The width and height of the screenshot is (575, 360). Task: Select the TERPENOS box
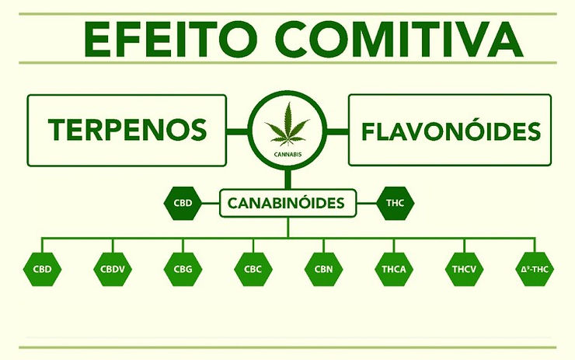[x=127, y=130]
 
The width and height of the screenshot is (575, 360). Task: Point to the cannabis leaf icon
[x=287, y=126]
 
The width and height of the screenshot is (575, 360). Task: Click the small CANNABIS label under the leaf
[x=287, y=154]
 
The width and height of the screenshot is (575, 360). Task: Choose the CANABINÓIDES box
[x=287, y=205]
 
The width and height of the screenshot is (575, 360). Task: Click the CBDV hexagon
[x=113, y=270]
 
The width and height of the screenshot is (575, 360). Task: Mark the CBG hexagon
[x=182, y=270]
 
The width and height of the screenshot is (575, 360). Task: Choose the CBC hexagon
[x=252, y=270]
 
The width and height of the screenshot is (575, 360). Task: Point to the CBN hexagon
[x=322, y=270]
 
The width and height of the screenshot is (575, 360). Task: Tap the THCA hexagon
[x=393, y=270]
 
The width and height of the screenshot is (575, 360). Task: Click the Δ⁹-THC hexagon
[x=535, y=270]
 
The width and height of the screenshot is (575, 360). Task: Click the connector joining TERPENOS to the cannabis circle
[x=237, y=130]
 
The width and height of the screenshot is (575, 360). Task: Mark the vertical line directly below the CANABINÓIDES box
[x=287, y=227]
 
